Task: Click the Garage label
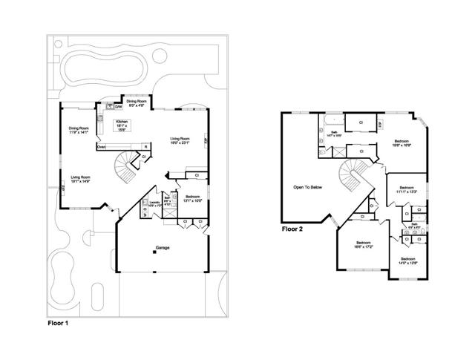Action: [x=162, y=247]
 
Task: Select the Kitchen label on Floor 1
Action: [x=121, y=125]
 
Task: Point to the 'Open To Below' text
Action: [x=308, y=187]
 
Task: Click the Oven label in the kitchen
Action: [x=102, y=146]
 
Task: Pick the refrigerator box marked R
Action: [x=145, y=147]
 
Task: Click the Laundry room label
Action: [x=154, y=203]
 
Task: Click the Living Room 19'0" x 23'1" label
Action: [x=181, y=141]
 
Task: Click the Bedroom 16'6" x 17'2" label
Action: [x=363, y=245]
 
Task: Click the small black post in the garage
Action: [x=154, y=253]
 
